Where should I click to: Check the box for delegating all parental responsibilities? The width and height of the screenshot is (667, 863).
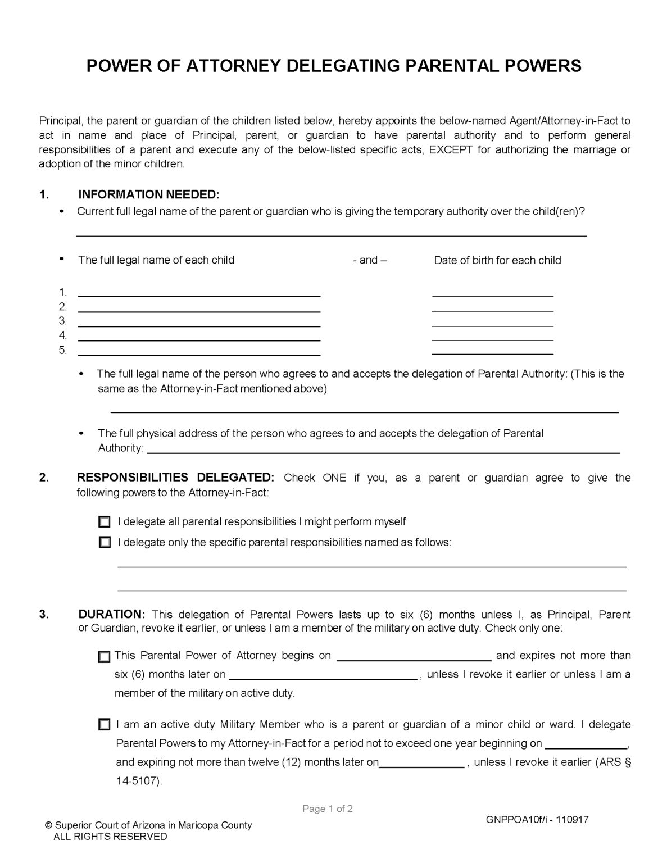click(105, 522)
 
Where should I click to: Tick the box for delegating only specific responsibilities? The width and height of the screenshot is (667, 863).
click(105, 543)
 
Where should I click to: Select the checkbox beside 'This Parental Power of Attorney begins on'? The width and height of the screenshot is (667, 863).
click(104, 657)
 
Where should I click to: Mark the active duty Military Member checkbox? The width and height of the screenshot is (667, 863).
click(104, 725)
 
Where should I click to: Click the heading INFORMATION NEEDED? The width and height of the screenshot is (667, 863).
click(148, 195)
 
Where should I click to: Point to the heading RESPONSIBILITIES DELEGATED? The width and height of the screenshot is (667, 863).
click(175, 478)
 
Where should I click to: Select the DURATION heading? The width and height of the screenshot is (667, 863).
click(112, 614)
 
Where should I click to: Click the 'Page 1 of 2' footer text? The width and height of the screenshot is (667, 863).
click(328, 809)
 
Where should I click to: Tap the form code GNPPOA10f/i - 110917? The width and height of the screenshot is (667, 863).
click(537, 820)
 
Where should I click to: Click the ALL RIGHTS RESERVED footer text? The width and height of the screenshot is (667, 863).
click(110, 837)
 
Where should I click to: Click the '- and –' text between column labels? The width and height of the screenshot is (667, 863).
click(370, 260)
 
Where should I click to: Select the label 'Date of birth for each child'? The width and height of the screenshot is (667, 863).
click(497, 260)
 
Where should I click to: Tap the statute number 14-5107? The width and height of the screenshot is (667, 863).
click(138, 782)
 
